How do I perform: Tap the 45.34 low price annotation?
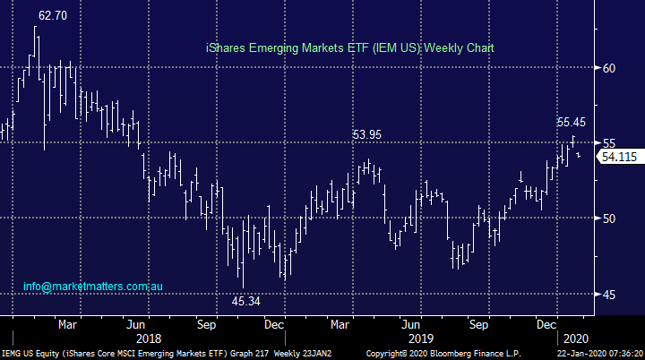coord(246,302)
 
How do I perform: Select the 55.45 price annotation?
coord(572,122)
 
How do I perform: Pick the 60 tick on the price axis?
coord(608,68)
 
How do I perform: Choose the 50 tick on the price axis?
coord(608,219)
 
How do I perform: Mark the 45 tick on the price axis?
coord(608,295)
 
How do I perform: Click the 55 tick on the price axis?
coord(608,143)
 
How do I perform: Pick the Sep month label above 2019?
coord(481,324)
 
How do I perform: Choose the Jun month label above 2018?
coord(136,324)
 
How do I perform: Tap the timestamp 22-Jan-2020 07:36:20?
coord(595,354)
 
